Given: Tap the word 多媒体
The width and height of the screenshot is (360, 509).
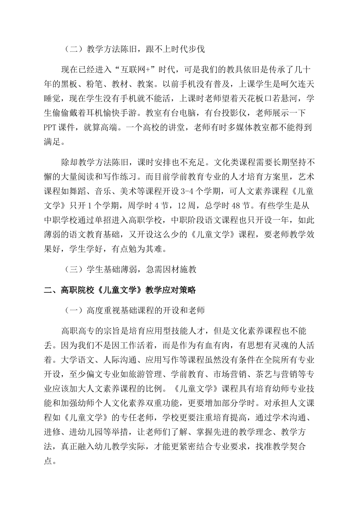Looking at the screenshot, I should click(240, 127).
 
